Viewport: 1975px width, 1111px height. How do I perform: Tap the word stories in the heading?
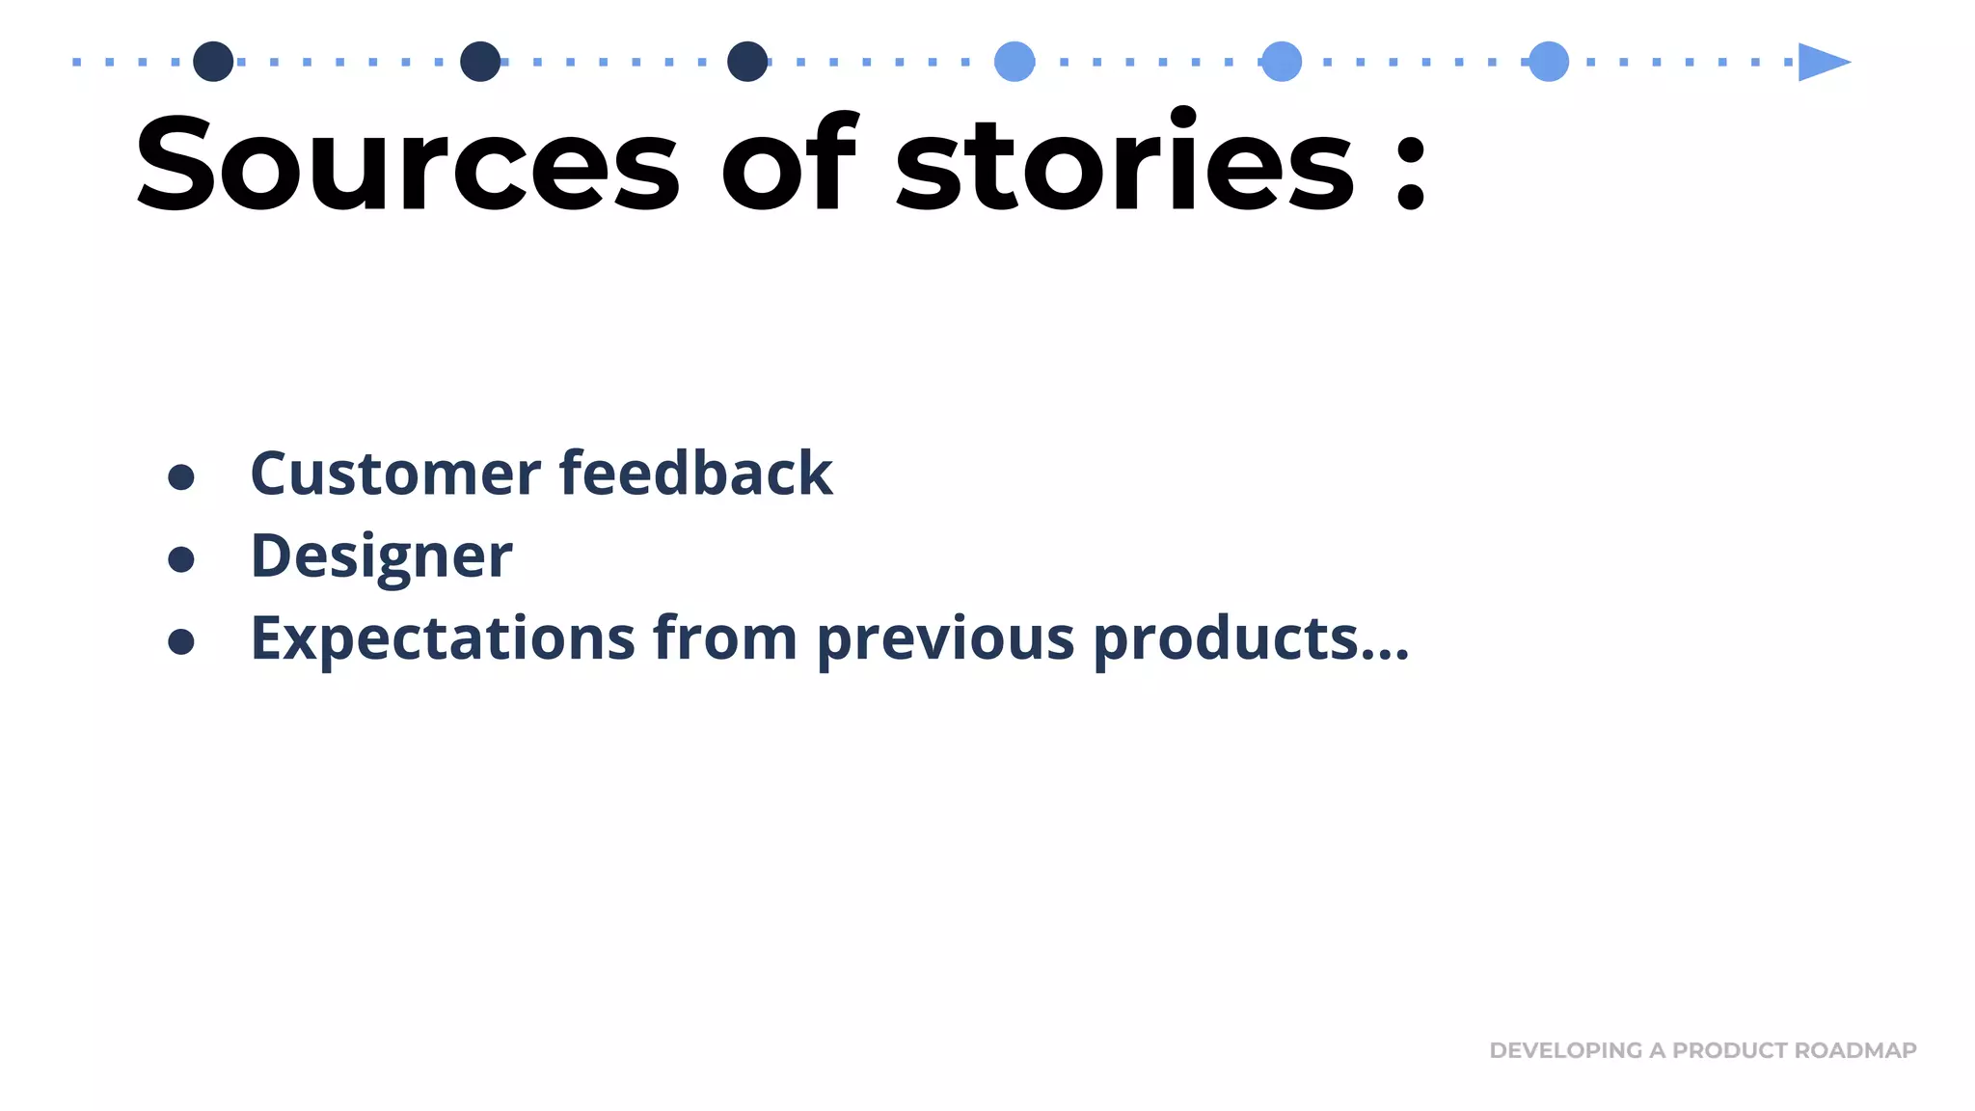click(1124, 164)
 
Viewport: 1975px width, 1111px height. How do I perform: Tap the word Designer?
click(381, 556)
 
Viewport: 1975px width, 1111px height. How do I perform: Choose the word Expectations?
click(443, 638)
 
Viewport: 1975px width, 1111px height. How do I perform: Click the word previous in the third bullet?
click(945, 638)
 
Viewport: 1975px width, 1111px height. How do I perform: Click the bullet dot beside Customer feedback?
click(181, 476)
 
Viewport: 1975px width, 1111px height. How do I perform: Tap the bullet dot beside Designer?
click(181, 559)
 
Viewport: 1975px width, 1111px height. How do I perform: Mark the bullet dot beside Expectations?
click(181, 641)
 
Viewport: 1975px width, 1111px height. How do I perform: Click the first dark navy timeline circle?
click(213, 62)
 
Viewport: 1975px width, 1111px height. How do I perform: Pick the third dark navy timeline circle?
click(747, 62)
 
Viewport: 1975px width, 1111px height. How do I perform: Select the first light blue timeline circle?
click(1015, 62)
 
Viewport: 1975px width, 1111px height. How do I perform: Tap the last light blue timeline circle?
click(1549, 62)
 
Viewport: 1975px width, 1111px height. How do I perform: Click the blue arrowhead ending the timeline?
click(1821, 62)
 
